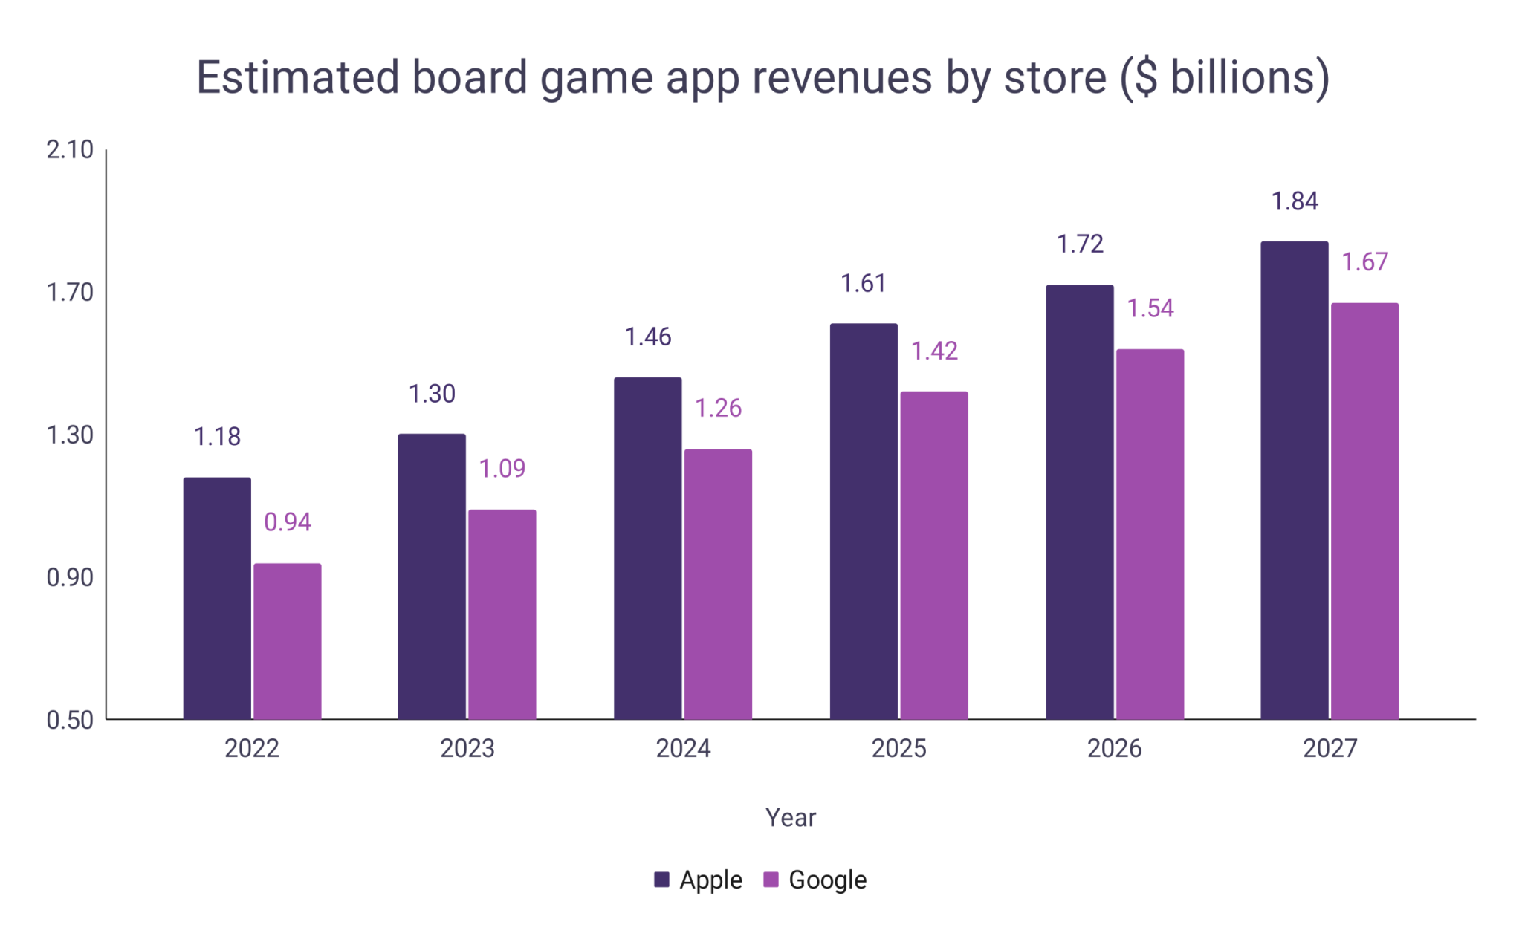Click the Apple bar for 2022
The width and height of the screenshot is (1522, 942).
[x=217, y=598]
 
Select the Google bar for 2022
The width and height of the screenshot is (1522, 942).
[x=288, y=641]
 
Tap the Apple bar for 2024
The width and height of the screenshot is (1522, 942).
[x=647, y=548]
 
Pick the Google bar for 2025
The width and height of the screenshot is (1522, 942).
[x=934, y=555]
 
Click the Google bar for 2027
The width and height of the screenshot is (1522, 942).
[x=1364, y=511]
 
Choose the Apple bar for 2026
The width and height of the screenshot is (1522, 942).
[x=1080, y=502]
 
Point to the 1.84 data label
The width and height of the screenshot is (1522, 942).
[x=1295, y=201]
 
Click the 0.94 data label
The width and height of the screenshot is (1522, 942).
[x=288, y=522]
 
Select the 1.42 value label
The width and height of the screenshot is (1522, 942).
[x=934, y=351]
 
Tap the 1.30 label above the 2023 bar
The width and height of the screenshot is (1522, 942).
[x=432, y=394]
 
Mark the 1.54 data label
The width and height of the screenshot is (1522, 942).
[x=1150, y=308]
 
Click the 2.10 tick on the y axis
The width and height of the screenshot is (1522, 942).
[x=70, y=150]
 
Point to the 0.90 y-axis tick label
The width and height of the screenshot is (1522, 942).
[x=70, y=578]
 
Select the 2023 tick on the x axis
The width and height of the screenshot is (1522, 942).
[x=467, y=748]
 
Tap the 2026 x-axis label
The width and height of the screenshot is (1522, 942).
[x=1114, y=748]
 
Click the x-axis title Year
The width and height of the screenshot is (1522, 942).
[x=791, y=818]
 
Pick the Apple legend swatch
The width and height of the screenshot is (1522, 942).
[x=661, y=880]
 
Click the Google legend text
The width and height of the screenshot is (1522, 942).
[x=827, y=880]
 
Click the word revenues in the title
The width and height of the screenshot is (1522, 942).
[x=841, y=77]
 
